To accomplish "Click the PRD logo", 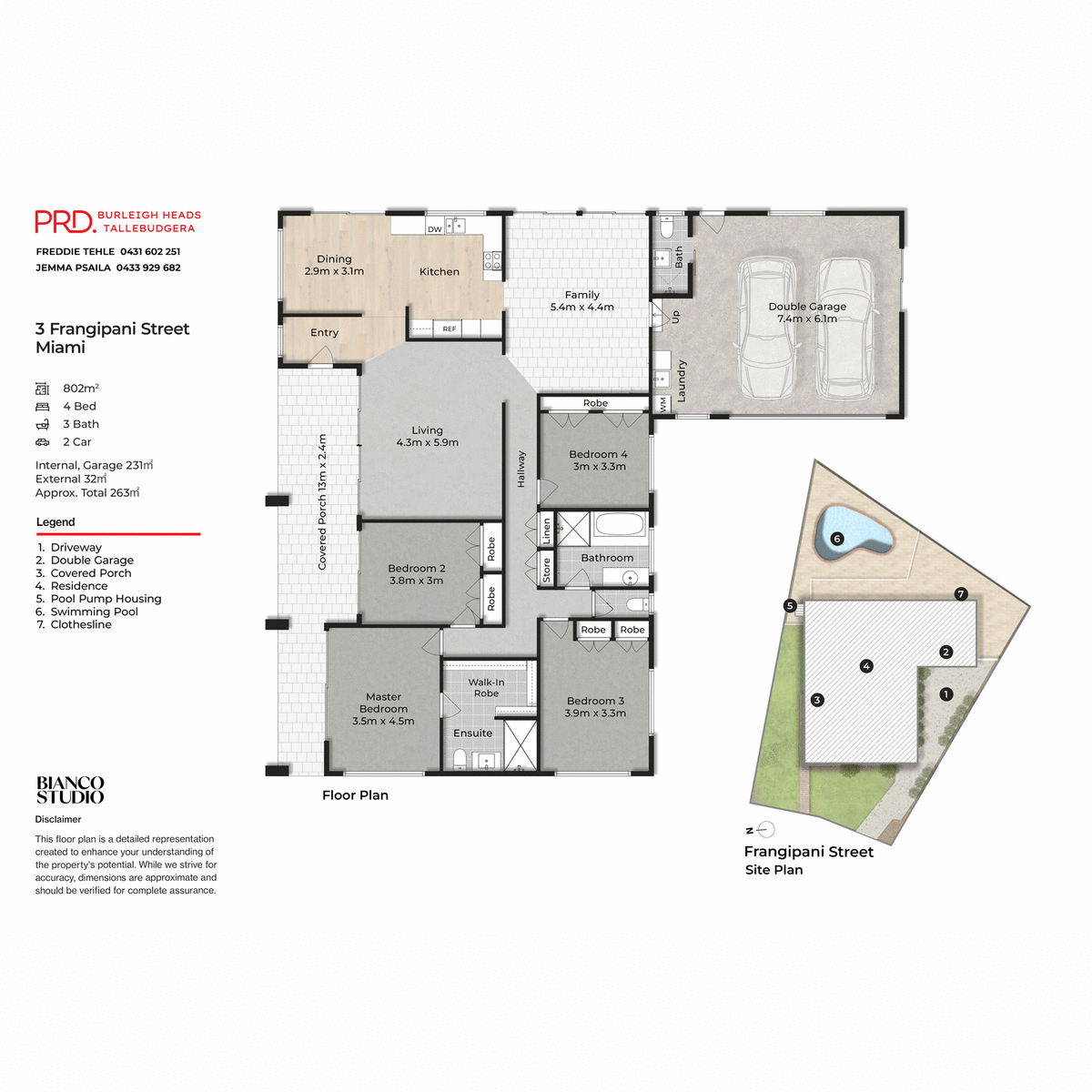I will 65,222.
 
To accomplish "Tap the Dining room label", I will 334,259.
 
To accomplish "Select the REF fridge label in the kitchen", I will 450,329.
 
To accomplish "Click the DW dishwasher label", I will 435,229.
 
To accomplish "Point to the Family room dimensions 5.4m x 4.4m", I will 581,308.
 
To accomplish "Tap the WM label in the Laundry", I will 662,404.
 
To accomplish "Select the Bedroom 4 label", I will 598,454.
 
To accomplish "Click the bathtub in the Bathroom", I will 619,525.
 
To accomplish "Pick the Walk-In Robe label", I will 486,688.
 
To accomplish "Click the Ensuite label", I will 472,733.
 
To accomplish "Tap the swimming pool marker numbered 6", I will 837,539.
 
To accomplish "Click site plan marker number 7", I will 961,594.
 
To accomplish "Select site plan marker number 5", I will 790,606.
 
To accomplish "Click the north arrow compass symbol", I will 765,830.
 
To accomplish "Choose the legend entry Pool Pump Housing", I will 106,599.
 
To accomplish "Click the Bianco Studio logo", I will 70,790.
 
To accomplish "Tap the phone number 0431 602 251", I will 150,251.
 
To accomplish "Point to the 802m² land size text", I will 81,389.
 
